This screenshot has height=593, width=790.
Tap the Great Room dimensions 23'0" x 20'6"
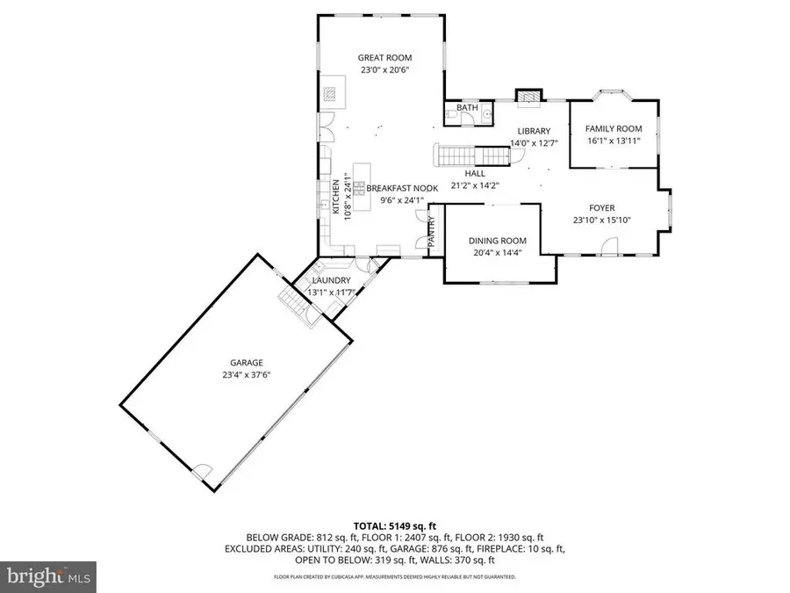pyautogui.click(x=384, y=69)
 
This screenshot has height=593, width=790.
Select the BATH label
pyautogui.click(x=466, y=108)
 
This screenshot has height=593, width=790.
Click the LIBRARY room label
pyautogui.click(x=533, y=131)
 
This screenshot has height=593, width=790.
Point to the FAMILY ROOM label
pyautogui.click(x=614, y=128)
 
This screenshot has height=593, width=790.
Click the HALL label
pyautogui.click(x=475, y=173)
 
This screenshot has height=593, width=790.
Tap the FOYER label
pyautogui.click(x=601, y=208)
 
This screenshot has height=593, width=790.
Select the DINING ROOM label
pyautogui.click(x=497, y=241)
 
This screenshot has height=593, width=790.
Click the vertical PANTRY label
pyautogui.click(x=432, y=230)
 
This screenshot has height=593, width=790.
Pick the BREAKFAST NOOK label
pyautogui.click(x=401, y=188)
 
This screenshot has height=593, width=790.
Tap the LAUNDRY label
pyautogui.click(x=330, y=280)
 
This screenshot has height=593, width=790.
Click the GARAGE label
pyautogui.click(x=247, y=363)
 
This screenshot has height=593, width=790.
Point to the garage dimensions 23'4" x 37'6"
pyautogui.click(x=247, y=375)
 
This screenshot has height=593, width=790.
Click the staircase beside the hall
pyautogui.click(x=474, y=155)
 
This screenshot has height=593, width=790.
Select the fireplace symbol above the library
pyautogui.click(x=527, y=98)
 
